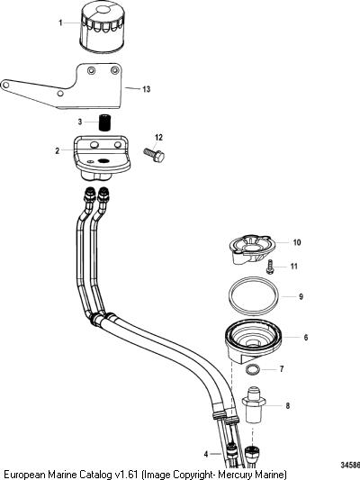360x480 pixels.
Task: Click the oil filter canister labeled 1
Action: tap(102, 26)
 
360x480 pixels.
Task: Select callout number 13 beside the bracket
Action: tap(147, 89)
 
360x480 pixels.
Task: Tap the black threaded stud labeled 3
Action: tap(105, 122)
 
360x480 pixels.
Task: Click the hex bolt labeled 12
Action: tap(155, 155)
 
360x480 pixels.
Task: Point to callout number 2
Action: tap(58, 150)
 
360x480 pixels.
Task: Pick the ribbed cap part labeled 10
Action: tap(252, 249)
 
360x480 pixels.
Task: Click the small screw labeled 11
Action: tap(270, 266)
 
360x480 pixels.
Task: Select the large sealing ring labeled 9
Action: tap(254, 296)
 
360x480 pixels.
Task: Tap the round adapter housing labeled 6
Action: tap(253, 340)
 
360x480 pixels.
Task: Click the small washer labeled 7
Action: tap(253, 369)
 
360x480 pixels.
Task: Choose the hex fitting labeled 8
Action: tap(254, 404)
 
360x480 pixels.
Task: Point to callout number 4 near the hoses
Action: tap(206, 454)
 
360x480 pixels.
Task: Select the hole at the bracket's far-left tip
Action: tap(4, 85)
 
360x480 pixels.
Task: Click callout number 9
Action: tap(301, 296)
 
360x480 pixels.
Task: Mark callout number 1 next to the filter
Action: tap(60, 23)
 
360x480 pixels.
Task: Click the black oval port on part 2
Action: tap(103, 160)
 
